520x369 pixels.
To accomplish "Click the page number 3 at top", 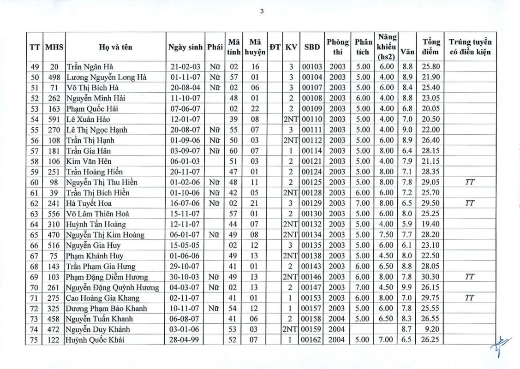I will (262, 12).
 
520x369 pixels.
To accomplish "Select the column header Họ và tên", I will (115, 47).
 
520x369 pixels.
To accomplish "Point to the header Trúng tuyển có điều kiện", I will (470, 47).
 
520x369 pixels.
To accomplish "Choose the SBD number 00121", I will (311, 161).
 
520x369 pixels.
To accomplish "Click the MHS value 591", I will (54, 119).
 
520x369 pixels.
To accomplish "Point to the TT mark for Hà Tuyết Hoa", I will (470, 203).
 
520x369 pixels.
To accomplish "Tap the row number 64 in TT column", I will (35, 224).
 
